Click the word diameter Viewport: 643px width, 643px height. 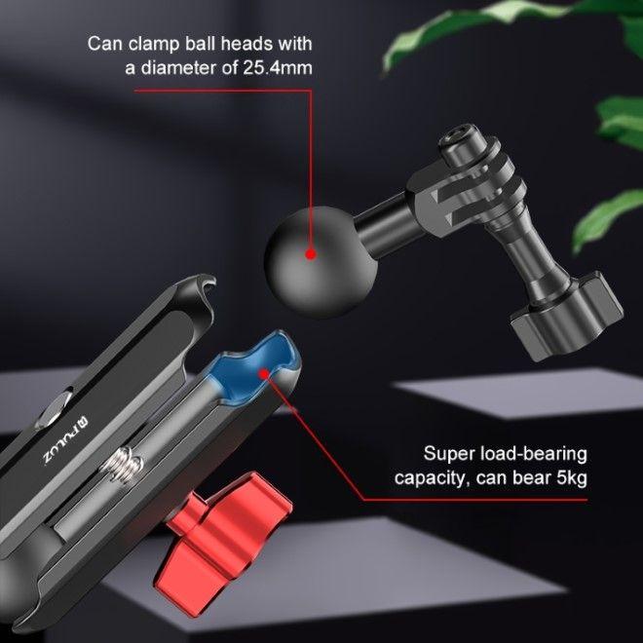coord(181,69)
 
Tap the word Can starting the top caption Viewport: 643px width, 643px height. coord(104,44)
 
